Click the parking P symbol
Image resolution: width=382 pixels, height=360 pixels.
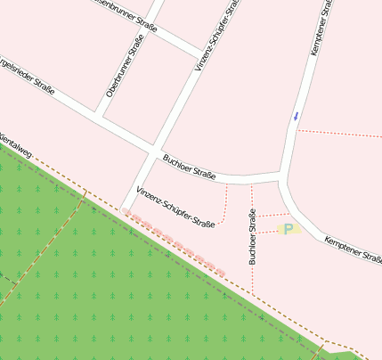[289, 230]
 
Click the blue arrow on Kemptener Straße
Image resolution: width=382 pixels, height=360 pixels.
[296, 116]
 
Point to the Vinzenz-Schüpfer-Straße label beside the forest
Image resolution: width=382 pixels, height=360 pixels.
[175, 207]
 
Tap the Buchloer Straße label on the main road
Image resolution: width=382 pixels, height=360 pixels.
[190, 168]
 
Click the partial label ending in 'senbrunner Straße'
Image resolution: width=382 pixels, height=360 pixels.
[125, 12]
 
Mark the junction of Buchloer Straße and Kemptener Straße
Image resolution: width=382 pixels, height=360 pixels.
[282, 174]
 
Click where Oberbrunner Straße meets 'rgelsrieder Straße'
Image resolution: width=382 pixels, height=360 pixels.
[99, 115]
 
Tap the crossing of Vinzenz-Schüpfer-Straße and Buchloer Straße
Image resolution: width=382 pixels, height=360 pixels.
[155, 149]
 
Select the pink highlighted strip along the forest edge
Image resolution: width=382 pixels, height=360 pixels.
[175, 241]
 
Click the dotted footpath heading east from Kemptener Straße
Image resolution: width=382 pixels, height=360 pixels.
[338, 134]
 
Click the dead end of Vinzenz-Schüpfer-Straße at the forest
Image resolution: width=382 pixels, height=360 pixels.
[120, 209]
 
